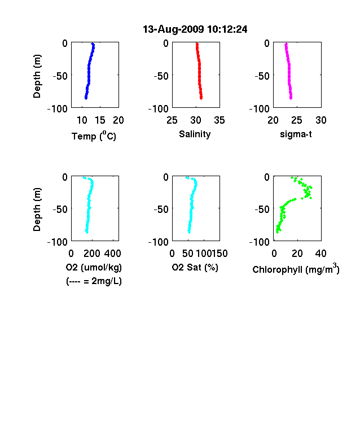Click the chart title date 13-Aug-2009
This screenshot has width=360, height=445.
tap(173, 29)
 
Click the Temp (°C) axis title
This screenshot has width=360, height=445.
tap(94, 136)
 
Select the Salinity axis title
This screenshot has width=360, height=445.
tap(195, 134)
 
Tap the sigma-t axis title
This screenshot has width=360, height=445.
tap(296, 134)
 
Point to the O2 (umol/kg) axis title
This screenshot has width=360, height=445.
tap(94, 267)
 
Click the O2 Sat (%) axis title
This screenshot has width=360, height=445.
tap(195, 267)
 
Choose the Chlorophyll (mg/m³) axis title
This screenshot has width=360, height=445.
tap(296, 268)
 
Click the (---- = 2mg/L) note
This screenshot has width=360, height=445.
tap(94, 281)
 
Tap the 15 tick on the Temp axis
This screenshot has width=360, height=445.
tap(100, 120)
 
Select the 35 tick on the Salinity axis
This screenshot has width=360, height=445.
tap(219, 120)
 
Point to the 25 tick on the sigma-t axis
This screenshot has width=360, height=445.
tap(296, 120)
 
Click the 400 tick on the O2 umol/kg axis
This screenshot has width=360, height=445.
tap(112, 254)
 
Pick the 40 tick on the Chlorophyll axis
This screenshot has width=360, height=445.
tap(321, 254)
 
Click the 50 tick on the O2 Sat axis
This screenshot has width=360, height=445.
tap(188, 254)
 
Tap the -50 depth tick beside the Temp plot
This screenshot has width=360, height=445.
tap(60, 76)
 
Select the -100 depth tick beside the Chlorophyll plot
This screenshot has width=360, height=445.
tap(260, 242)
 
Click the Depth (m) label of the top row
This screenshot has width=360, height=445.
tap(37, 76)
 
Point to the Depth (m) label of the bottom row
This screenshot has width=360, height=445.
tap(37, 210)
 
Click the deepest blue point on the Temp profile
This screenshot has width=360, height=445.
tap(86, 98)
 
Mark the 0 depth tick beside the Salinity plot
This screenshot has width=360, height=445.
tap(166, 43)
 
